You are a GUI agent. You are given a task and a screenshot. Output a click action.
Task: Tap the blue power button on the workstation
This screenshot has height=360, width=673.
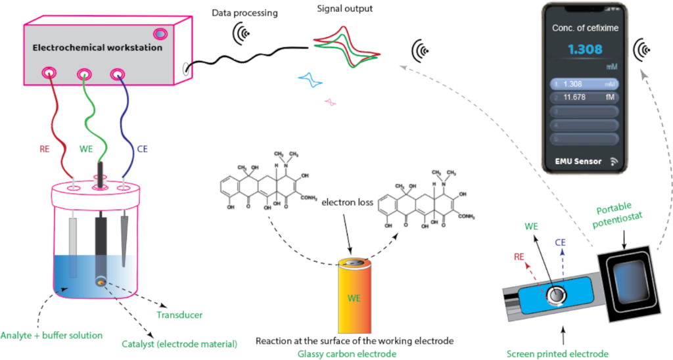pos(160,33)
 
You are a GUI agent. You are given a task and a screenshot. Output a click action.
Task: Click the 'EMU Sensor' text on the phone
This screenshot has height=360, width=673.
pos(578,161)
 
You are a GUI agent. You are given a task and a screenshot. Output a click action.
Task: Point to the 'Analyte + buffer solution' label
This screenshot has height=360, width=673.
pos(51,335)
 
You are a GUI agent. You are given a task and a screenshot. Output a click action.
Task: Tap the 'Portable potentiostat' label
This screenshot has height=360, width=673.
pos(622,215)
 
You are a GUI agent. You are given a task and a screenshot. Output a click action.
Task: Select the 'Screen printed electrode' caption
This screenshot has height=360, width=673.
pos(557,353)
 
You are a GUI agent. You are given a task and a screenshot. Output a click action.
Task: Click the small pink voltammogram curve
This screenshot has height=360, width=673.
pos(331,102)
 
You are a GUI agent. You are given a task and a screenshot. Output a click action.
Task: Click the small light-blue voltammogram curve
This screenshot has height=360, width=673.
pos(310,81)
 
